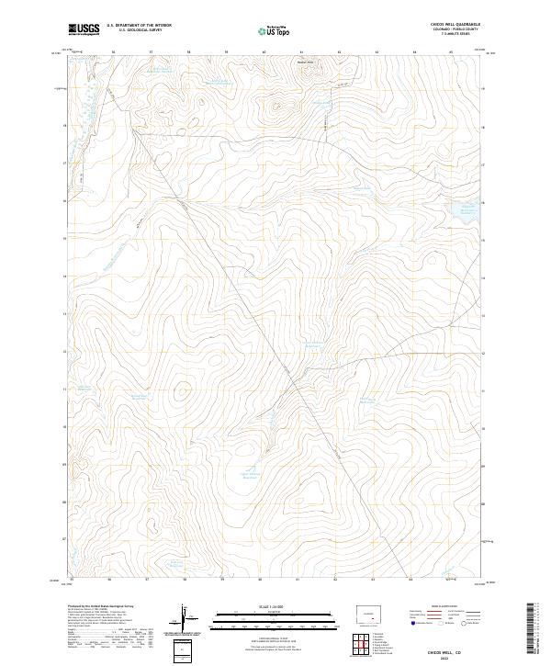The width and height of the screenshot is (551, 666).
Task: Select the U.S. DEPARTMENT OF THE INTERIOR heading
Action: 139,26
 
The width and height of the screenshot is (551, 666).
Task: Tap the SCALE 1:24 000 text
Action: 263,607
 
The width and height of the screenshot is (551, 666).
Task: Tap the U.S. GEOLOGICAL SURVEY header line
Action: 139,30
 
